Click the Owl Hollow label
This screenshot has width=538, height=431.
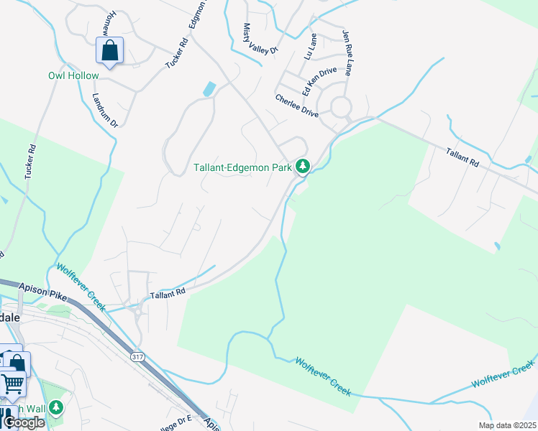[73, 75]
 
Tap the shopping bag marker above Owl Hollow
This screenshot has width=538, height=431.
[109, 52]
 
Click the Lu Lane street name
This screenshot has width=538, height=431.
[311, 45]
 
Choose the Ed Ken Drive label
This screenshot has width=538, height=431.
[319, 81]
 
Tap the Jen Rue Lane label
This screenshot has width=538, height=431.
[349, 52]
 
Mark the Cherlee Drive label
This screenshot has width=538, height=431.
[296, 105]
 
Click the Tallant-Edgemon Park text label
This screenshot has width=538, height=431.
[242, 168]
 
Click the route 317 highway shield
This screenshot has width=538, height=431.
[137, 356]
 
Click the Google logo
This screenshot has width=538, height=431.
[24, 422]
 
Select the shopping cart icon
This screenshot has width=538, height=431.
[12, 384]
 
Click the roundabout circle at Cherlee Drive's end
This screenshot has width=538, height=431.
[341, 108]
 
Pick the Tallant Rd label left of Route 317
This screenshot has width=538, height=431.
[168, 293]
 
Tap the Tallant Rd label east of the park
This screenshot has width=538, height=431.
[462, 158]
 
